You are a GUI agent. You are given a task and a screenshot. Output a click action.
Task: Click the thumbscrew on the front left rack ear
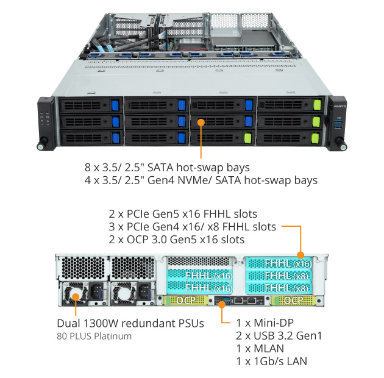(43, 144)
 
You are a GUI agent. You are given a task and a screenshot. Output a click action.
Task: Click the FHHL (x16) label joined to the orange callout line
(288, 263)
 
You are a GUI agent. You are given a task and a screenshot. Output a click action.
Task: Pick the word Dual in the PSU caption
(68, 323)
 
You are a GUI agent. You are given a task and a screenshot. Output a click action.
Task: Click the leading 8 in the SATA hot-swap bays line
(88, 166)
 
